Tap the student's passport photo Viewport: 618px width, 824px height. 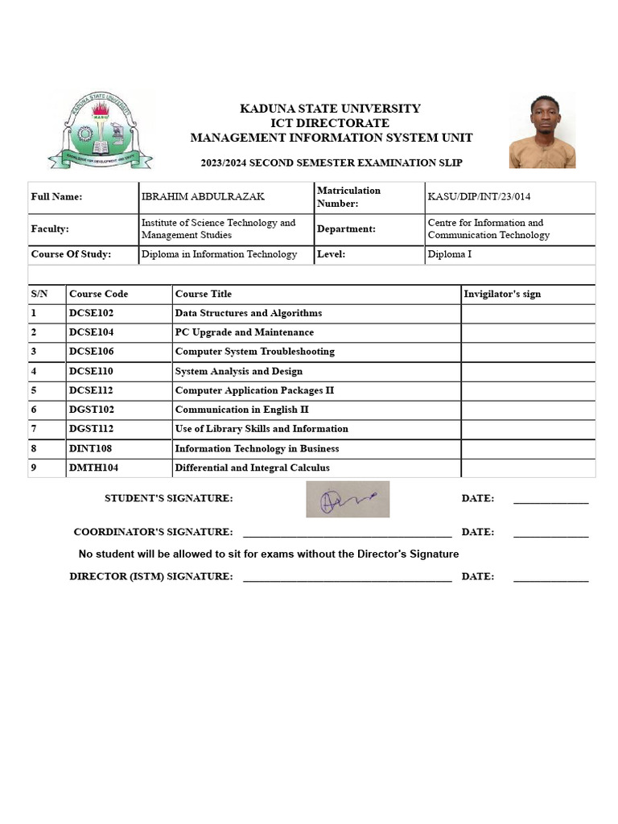(542, 131)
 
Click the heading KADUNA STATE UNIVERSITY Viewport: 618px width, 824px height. (330, 109)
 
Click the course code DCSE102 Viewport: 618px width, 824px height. (92, 313)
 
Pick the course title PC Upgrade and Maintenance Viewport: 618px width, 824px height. (245, 332)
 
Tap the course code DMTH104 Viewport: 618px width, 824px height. (93, 468)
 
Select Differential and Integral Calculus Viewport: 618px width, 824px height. (252, 468)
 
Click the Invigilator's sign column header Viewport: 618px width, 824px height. (502, 294)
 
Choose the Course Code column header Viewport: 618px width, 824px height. (98, 294)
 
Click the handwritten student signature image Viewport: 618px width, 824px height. (348, 499)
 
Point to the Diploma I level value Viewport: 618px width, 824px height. (450, 254)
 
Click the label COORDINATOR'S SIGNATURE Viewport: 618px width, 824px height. (153, 532)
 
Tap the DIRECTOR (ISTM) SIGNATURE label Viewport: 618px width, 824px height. (151, 576)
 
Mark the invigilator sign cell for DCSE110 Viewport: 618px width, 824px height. (528, 372)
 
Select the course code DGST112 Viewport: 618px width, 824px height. (92, 429)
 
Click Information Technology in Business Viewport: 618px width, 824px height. (257, 448)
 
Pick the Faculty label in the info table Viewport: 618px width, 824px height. (50, 229)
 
